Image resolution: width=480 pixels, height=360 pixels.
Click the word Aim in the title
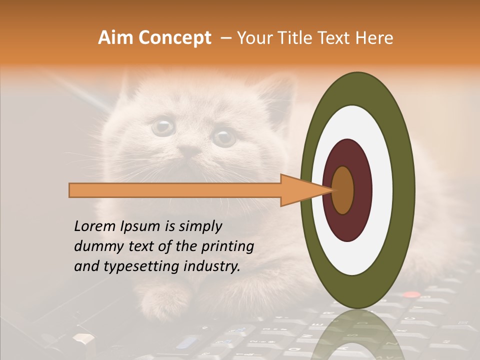pos(115,38)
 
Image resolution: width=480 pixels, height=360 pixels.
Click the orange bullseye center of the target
pos(343,190)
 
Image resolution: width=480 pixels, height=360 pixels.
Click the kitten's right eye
pos(224,136)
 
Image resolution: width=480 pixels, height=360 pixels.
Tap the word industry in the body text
pos(212,266)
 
